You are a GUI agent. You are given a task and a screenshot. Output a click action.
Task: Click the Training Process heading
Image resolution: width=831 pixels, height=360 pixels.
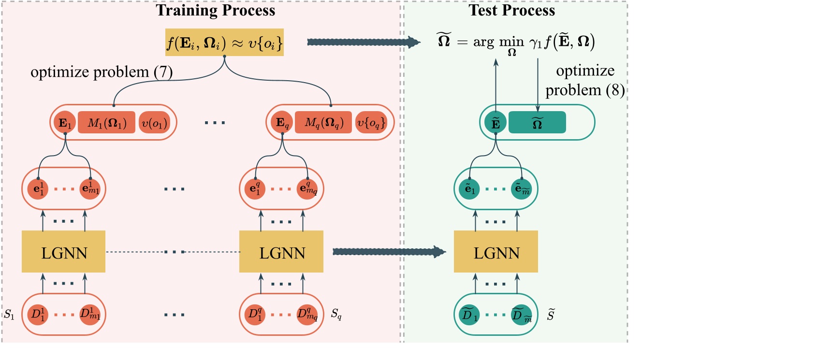[x=215, y=11]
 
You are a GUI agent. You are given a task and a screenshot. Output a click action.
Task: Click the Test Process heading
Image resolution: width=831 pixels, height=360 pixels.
[x=511, y=11]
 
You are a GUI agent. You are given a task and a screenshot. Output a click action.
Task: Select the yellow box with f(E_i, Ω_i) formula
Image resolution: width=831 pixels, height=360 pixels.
[x=224, y=43]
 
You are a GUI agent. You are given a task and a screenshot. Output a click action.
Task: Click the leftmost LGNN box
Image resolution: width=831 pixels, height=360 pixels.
[x=63, y=252]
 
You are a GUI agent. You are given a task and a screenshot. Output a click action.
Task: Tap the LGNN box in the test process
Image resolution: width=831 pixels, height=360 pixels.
[x=496, y=252]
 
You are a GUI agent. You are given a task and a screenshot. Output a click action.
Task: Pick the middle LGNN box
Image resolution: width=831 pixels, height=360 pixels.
[x=281, y=252]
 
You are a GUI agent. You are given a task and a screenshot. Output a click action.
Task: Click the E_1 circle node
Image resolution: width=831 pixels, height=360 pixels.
[x=64, y=123]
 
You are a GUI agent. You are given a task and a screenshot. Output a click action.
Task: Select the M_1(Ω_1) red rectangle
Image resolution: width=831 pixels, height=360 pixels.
[x=106, y=123]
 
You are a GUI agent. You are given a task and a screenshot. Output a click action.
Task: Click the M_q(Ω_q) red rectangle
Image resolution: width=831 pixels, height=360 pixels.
[x=323, y=123]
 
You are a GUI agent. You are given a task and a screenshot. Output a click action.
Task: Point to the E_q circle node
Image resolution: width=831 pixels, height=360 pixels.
[x=282, y=123]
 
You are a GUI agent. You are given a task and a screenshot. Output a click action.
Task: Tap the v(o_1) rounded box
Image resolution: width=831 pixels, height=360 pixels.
[x=154, y=123]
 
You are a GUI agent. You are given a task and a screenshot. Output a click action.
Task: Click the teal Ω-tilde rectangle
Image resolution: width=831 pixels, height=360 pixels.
[x=537, y=123]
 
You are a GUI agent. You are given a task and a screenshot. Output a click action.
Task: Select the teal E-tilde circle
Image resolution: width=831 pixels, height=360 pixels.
[x=496, y=123]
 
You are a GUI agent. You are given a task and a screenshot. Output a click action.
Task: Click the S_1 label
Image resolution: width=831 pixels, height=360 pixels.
[x=9, y=315]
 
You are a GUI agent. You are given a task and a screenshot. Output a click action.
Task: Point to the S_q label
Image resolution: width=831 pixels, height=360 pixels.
[x=336, y=314]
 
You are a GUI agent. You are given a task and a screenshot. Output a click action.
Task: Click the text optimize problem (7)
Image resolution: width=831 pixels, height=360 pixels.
[x=102, y=72]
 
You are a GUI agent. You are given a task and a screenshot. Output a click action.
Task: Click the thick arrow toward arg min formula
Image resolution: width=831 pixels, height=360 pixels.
[x=363, y=43]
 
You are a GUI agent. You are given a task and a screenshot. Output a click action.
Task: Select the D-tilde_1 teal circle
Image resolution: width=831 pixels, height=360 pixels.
[x=469, y=315]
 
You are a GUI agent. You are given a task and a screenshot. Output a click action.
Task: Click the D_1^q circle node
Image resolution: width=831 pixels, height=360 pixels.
[x=255, y=315]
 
